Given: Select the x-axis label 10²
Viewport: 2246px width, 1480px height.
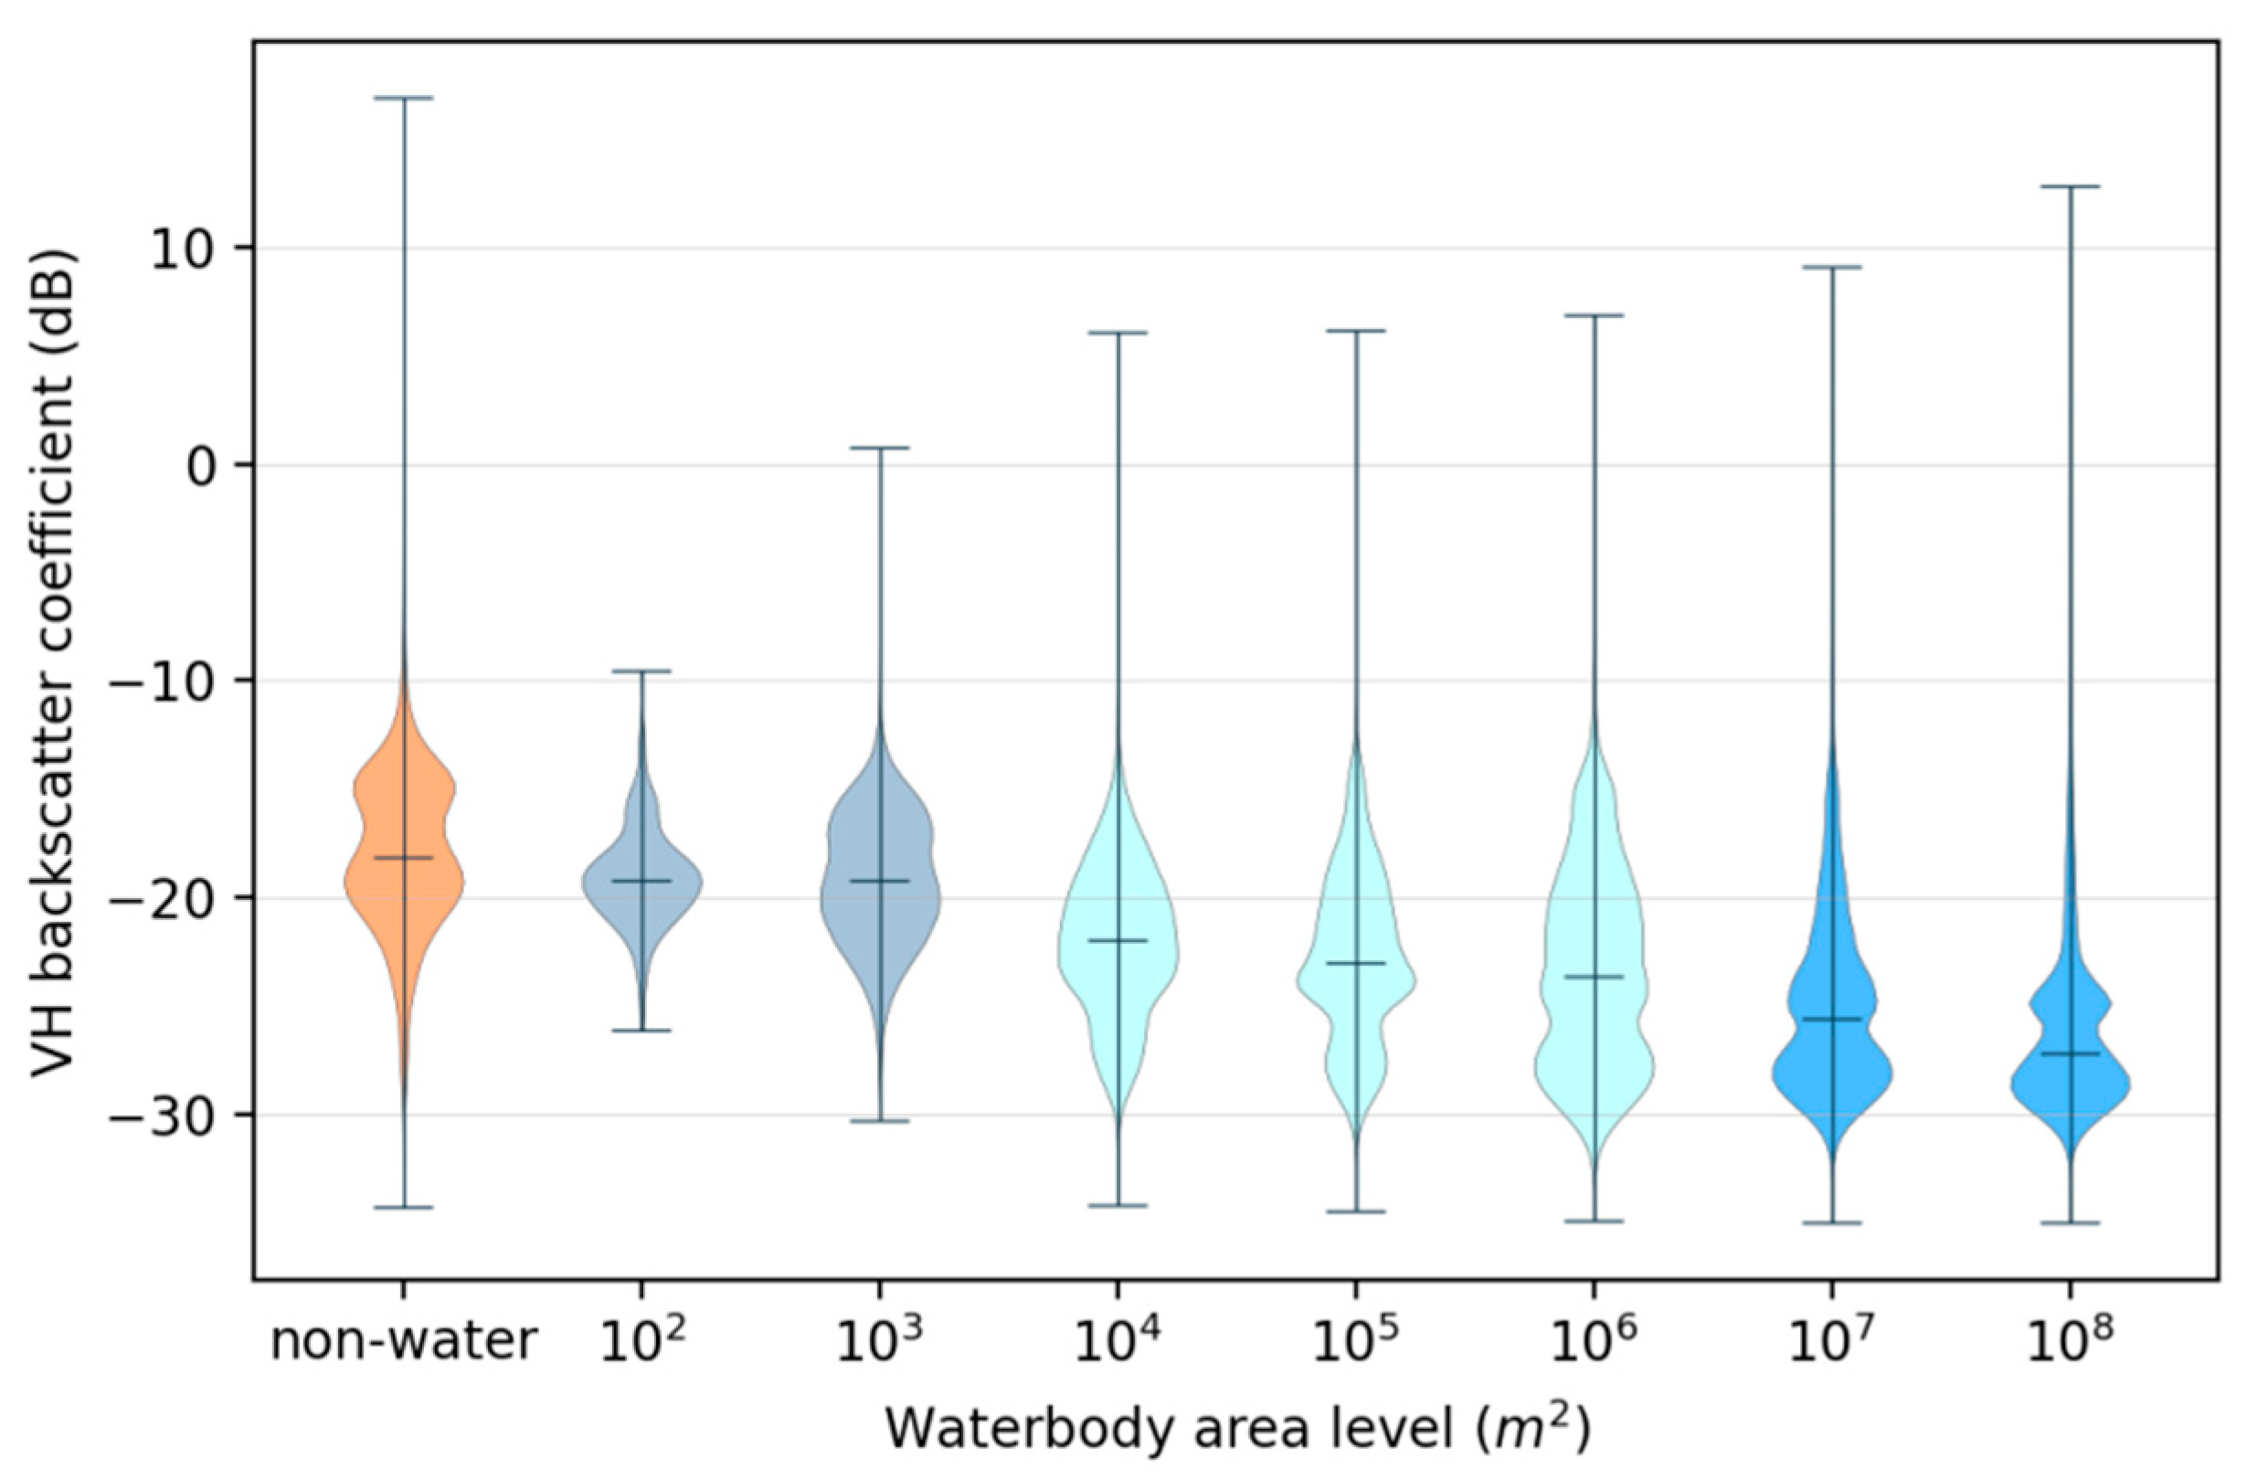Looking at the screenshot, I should click(641, 1344).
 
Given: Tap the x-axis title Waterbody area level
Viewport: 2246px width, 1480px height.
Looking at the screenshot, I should click(1237, 1431).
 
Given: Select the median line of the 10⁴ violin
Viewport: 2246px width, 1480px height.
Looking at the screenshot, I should click(1118, 941).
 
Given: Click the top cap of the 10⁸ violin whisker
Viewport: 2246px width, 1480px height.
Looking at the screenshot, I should click(2071, 187).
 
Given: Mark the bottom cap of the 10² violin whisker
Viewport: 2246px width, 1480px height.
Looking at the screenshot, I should click(642, 1031).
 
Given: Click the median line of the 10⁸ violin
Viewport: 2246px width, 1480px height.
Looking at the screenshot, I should click(2071, 1053).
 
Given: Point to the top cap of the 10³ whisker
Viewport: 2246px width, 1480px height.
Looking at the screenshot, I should click(880, 449).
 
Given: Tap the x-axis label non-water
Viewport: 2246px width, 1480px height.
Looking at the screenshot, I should click(404, 1344).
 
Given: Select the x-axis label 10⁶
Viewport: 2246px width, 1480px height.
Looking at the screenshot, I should click(1594, 1344).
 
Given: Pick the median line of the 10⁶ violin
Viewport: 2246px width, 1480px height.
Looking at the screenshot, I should click(1594, 977).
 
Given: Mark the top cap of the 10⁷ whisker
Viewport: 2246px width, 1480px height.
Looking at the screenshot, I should click(1832, 268).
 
